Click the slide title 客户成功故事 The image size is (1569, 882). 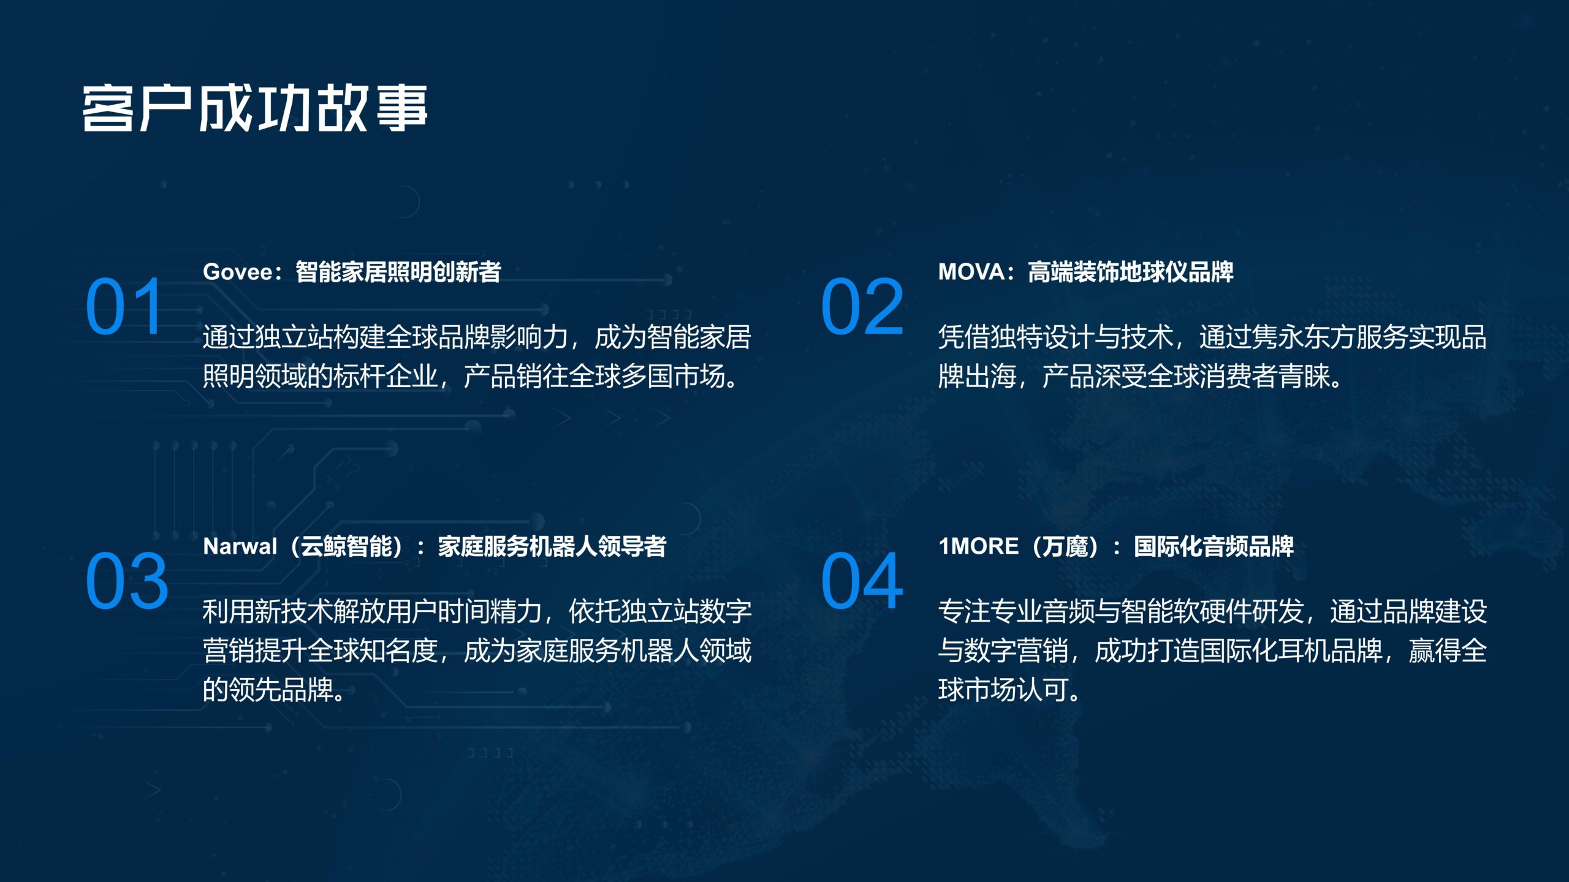pyautogui.click(x=255, y=108)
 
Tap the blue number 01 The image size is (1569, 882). pyautogui.click(x=124, y=307)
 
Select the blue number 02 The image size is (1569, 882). pyautogui.click(x=862, y=307)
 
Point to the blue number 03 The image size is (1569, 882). pyautogui.click(x=127, y=581)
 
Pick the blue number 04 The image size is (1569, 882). pyautogui.click(x=862, y=581)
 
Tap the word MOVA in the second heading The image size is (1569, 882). pyautogui.click(x=971, y=272)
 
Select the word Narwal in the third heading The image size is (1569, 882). pyautogui.click(x=240, y=546)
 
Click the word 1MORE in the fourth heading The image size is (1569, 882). pyautogui.click(x=979, y=546)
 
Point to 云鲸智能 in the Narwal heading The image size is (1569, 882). pyautogui.click(x=346, y=546)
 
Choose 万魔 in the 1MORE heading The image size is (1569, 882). pyautogui.click(x=1065, y=546)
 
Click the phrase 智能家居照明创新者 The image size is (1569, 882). pyautogui.click(x=398, y=272)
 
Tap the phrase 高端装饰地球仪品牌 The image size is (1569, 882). pyautogui.click(x=1131, y=272)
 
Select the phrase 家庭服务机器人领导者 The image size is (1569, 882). pyautogui.click(x=552, y=546)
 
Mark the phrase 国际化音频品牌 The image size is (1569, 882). pyautogui.click(x=1214, y=546)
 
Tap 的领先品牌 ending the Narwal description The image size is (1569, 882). pyautogui.click(x=268, y=690)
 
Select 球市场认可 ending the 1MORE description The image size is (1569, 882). pyautogui.click(x=1003, y=690)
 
